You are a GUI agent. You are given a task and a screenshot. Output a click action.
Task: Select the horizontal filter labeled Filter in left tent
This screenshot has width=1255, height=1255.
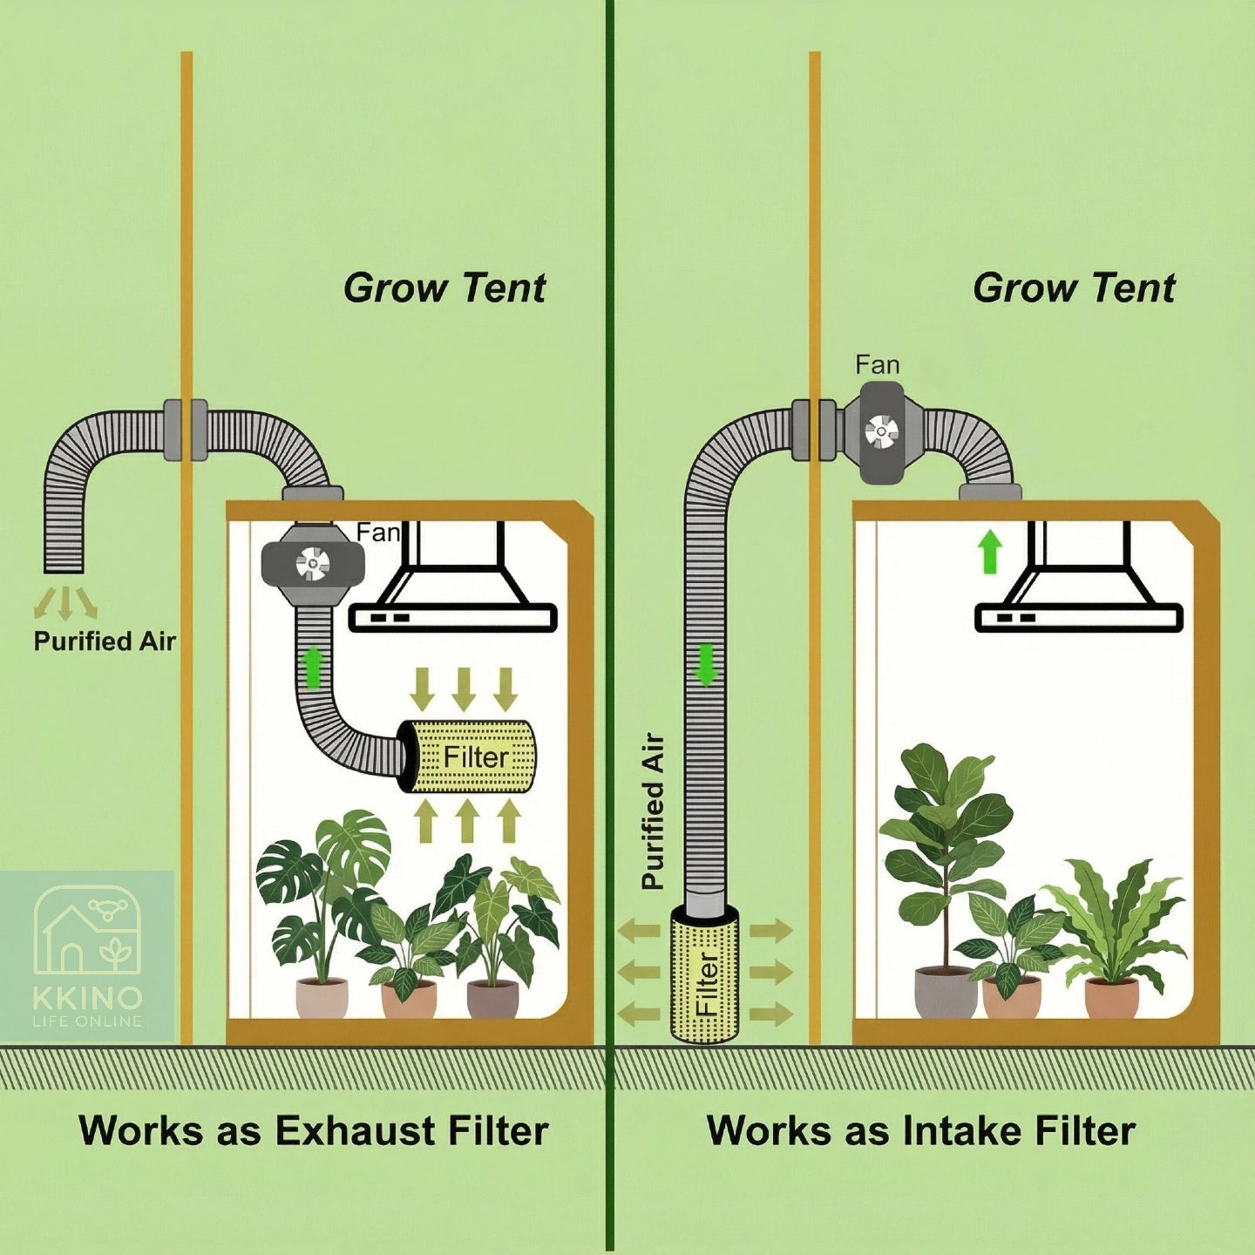coord(467,756)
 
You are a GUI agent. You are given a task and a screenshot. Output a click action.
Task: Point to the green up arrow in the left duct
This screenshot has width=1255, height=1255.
coord(314,667)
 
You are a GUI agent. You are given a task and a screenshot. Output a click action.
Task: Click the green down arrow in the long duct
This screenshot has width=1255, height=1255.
coord(706,665)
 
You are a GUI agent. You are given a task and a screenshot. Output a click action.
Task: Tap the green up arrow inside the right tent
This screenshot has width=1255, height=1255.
coord(990,551)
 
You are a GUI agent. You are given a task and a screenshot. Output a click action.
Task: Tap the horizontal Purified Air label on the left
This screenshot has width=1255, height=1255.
coord(105,641)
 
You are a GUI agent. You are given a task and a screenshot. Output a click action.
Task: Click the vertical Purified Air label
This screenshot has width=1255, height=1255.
coord(653,811)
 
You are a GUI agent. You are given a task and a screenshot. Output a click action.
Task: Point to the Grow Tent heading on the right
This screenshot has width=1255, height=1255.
coord(1074,288)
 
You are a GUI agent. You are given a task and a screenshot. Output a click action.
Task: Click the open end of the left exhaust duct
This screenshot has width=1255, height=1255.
coord(64,568)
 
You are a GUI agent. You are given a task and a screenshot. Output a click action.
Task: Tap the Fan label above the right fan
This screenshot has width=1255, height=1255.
coord(878,365)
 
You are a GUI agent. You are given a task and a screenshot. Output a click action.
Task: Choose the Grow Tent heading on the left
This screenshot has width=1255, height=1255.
coord(444,288)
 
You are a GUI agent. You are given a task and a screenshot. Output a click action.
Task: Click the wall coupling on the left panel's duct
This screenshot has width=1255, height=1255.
coord(186,431)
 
